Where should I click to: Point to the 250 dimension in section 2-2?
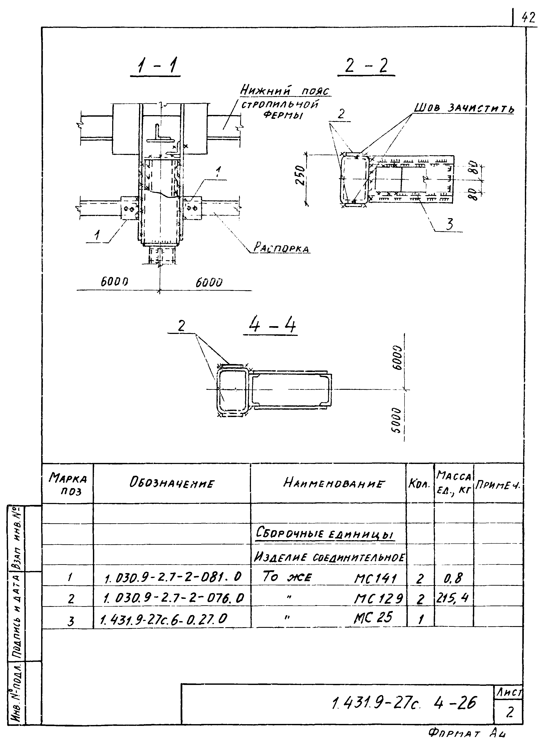(x=300, y=175)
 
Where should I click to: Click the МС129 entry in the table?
(x=378, y=599)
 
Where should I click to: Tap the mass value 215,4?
(x=452, y=598)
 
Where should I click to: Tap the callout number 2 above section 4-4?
(x=181, y=326)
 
